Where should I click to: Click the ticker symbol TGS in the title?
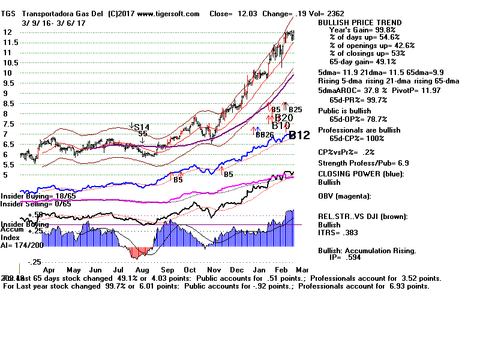click(x=9, y=13)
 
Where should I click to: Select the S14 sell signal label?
click(x=142, y=127)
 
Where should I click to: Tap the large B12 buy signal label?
click(x=299, y=136)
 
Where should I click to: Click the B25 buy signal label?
click(x=295, y=110)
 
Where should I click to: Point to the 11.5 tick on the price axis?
click(x=9, y=43)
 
